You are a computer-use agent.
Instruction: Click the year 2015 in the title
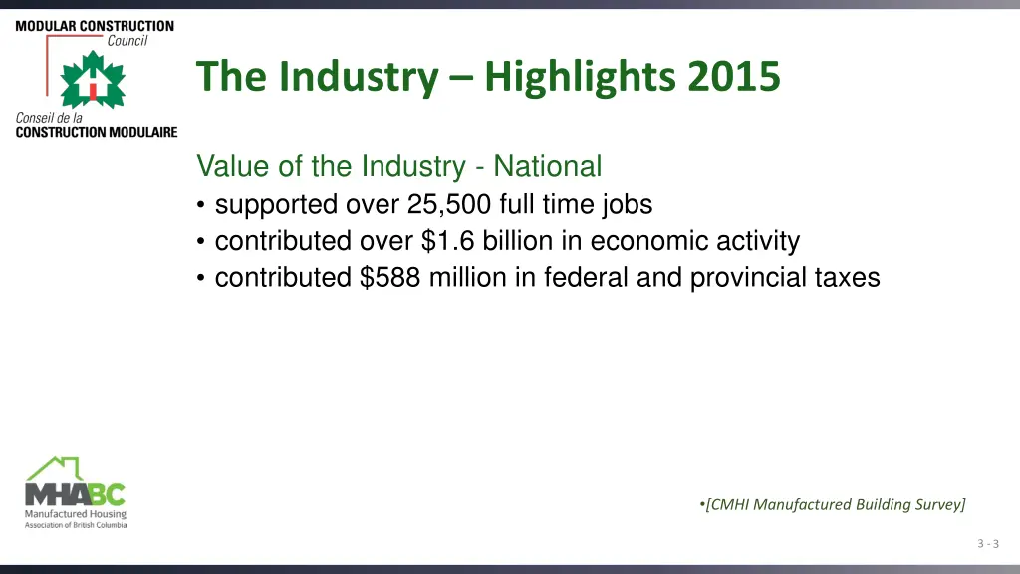tap(731, 76)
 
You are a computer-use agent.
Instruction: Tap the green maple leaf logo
tap(93, 80)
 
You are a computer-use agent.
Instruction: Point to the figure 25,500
tap(449, 205)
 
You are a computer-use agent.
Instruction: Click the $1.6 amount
tap(442, 241)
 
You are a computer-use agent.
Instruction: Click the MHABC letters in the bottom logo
tap(76, 494)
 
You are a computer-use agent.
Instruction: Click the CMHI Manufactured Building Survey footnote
tap(834, 504)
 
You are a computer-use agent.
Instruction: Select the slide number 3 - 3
tap(988, 543)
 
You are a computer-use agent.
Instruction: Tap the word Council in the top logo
tap(127, 41)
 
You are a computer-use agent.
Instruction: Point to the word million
tap(468, 277)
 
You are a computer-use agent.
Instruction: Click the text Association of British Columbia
tap(76, 524)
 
